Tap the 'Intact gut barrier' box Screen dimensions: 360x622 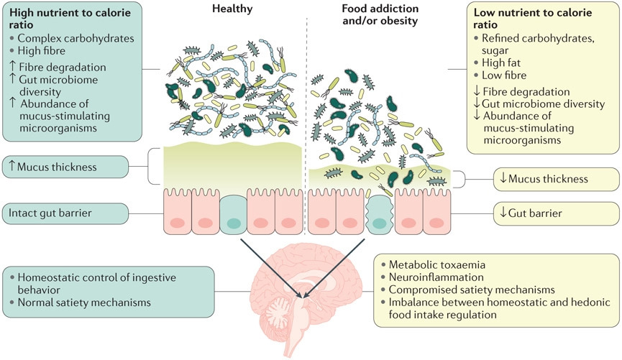[x=65, y=213]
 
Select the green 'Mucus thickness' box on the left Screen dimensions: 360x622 [x=65, y=167]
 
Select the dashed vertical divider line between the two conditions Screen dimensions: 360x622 [x=307, y=108]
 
